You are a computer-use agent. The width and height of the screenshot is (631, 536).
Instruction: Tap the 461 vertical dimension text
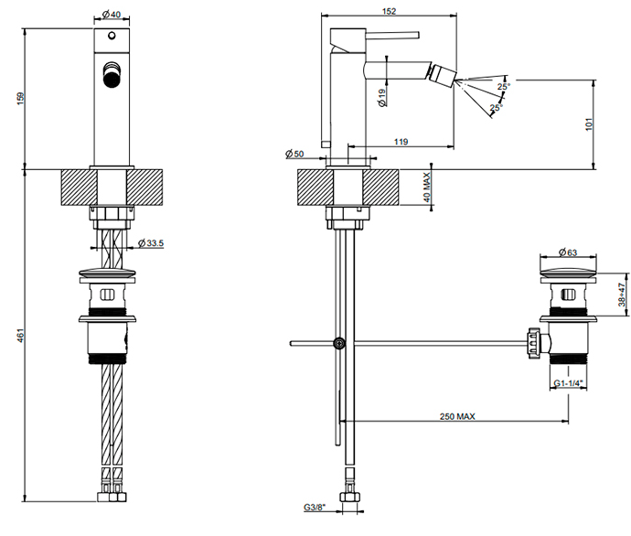point(20,337)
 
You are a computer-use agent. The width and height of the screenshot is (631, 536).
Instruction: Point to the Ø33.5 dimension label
point(149,242)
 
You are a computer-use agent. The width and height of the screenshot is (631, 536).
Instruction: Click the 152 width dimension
point(389,11)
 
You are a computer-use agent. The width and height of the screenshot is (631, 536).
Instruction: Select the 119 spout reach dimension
point(401,141)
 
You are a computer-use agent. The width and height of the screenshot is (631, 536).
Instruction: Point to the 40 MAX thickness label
point(427,190)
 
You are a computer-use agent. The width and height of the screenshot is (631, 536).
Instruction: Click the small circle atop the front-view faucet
point(112,38)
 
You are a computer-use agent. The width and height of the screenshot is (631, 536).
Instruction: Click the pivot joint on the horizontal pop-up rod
point(339,344)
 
